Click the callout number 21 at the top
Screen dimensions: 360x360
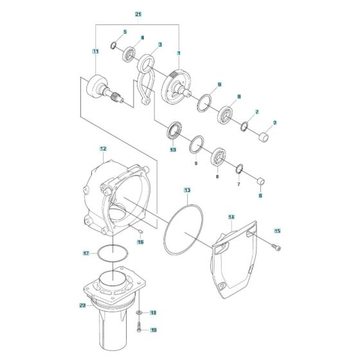point(138,14)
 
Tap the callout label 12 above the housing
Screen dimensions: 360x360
point(102,148)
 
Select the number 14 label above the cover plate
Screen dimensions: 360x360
point(231,218)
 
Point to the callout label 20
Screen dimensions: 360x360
point(82,305)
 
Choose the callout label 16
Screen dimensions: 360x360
point(140,242)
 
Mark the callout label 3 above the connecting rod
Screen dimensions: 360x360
point(159,44)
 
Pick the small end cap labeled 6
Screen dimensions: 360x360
point(261,180)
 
